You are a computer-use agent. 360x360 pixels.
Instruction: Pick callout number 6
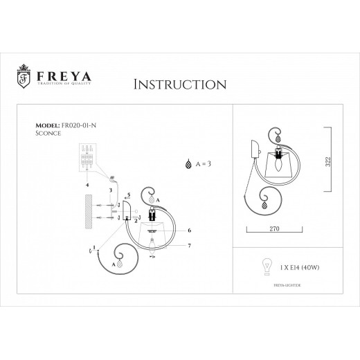pos(189,230)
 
